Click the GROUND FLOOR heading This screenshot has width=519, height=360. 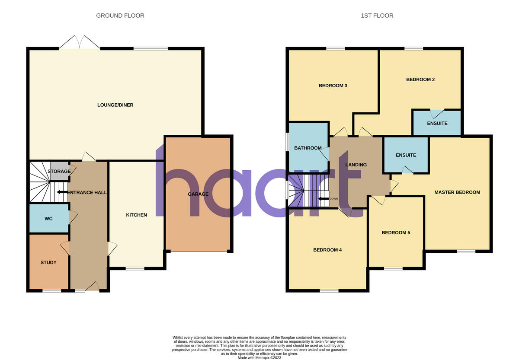click(x=120, y=16)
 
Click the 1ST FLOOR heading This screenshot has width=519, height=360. click(x=377, y=16)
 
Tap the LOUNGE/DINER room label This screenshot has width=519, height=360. click(x=115, y=105)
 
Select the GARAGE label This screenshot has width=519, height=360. click(x=198, y=194)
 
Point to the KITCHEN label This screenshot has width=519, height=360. click(x=136, y=215)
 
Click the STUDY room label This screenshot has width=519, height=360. click(x=48, y=262)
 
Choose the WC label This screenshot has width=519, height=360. click(x=48, y=219)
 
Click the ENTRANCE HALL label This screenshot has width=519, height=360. click(x=87, y=192)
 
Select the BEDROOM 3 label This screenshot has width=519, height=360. click(x=333, y=86)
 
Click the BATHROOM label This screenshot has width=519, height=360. click(x=308, y=148)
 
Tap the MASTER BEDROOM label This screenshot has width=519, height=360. click(x=457, y=192)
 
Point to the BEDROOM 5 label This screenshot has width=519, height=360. click(x=396, y=233)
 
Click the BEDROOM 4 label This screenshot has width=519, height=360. click(x=327, y=250)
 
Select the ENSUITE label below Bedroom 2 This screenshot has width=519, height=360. click(x=437, y=124)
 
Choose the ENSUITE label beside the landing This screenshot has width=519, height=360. click(x=406, y=155)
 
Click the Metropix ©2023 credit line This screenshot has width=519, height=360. click(x=259, y=358)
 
